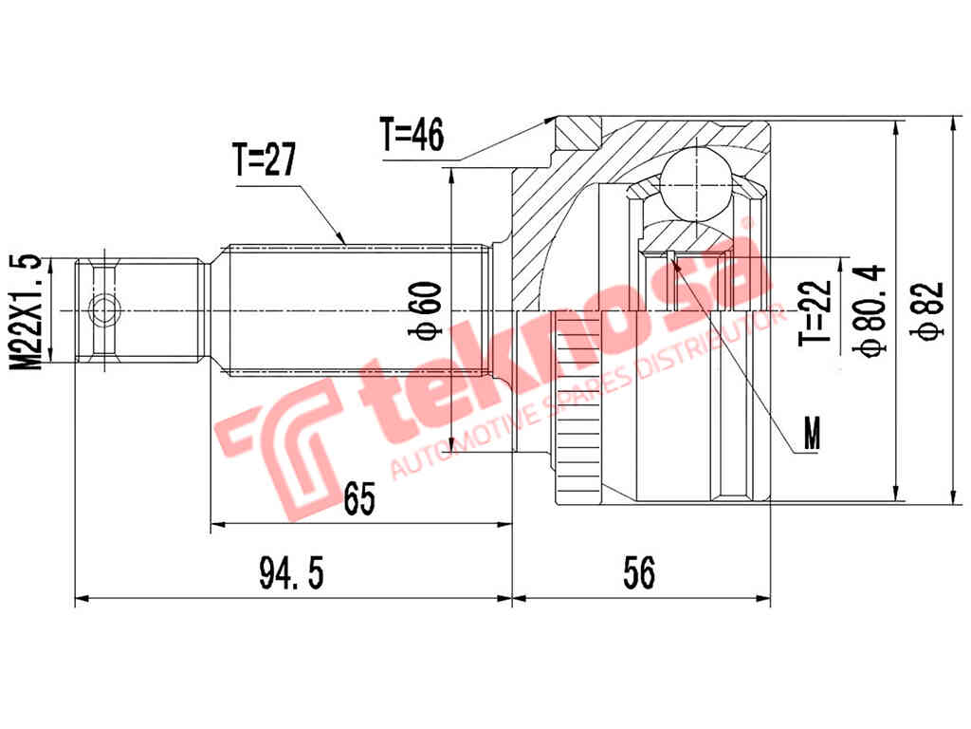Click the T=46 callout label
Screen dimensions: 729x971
[412, 136]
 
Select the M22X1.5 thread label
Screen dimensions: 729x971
[29, 311]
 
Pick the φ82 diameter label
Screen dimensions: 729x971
[931, 309]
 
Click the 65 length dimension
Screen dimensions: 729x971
[359, 497]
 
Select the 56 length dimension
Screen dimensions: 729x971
[640, 572]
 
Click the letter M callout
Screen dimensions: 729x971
[811, 436]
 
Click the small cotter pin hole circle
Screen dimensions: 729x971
[101, 309]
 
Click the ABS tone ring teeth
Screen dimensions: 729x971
[573, 408]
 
